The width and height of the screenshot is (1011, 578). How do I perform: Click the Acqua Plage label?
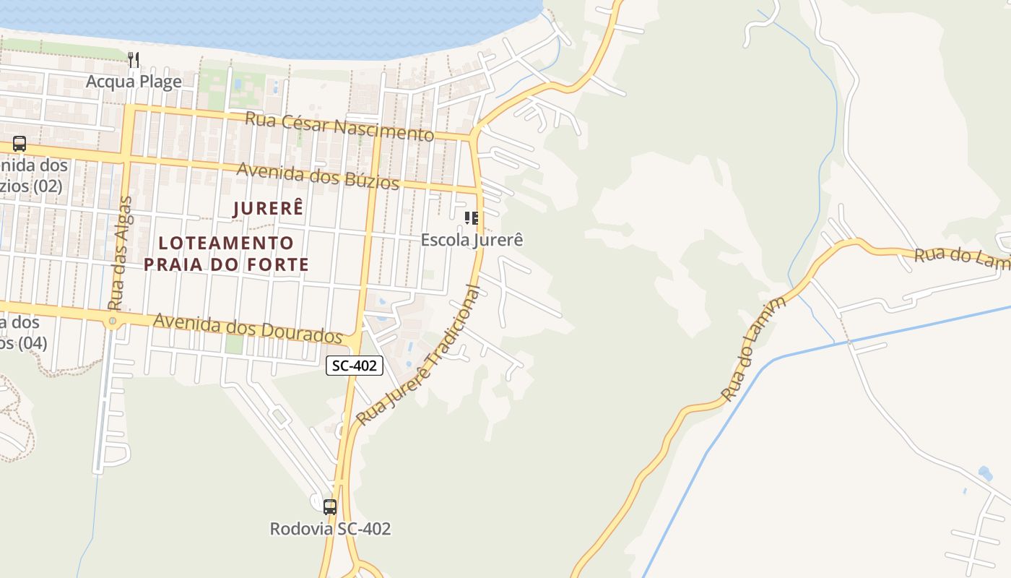tap(134, 82)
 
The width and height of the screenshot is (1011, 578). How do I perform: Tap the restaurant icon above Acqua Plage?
tap(134, 59)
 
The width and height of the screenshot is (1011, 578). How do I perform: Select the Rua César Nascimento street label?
tap(339, 126)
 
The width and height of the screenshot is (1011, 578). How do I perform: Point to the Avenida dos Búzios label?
tap(318, 175)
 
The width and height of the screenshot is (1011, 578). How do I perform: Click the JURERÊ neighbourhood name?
tap(268, 208)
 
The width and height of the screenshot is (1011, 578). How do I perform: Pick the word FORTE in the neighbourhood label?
tap(275, 264)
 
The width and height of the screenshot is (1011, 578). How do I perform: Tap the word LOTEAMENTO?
tap(226, 243)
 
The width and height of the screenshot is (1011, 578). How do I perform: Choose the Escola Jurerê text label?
tap(472, 239)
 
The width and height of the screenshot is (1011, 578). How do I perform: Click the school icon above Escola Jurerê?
tap(472, 217)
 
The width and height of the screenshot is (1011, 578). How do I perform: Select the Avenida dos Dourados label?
tap(248, 329)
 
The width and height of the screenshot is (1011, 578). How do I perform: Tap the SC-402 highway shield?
tap(354, 366)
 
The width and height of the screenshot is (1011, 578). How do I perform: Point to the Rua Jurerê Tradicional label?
tap(419, 355)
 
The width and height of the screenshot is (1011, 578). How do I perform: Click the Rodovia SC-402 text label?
tap(330, 529)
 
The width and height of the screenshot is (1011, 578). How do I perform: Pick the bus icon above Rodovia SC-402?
tap(330, 506)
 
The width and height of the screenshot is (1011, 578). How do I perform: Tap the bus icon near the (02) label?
tap(19, 144)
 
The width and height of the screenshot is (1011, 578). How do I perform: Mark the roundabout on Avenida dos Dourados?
tap(113, 321)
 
